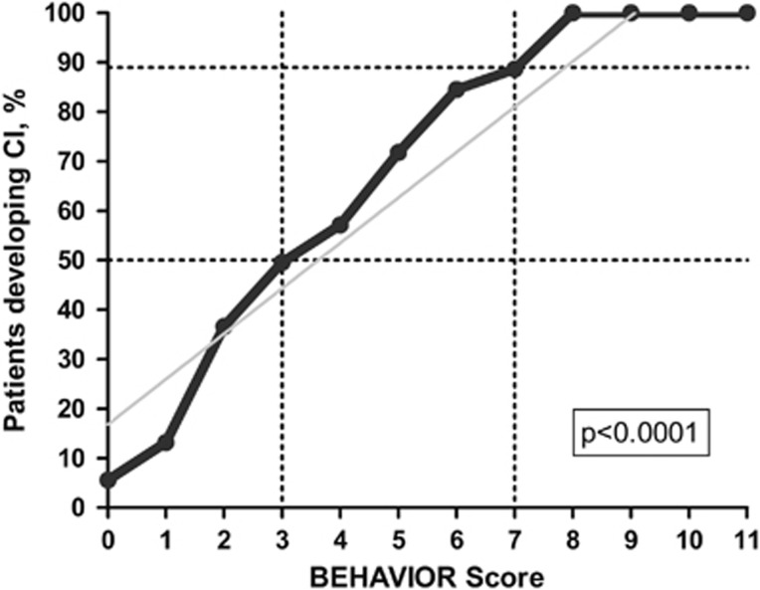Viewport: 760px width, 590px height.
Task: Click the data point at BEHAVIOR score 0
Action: (x=107, y=480)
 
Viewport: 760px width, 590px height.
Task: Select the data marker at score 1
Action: (x=166, y=442)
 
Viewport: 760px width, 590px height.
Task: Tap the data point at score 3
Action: (x=283, y=262)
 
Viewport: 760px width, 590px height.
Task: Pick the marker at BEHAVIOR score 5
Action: (x=398, y=153)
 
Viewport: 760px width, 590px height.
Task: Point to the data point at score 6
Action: (x=457, y=90)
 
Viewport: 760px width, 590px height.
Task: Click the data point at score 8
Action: (x=572, y=13)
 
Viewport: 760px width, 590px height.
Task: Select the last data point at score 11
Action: (x=746, y=13)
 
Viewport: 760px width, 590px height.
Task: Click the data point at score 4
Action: (x=340, y=225)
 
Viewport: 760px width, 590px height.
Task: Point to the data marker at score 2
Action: (x=224, y=327)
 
